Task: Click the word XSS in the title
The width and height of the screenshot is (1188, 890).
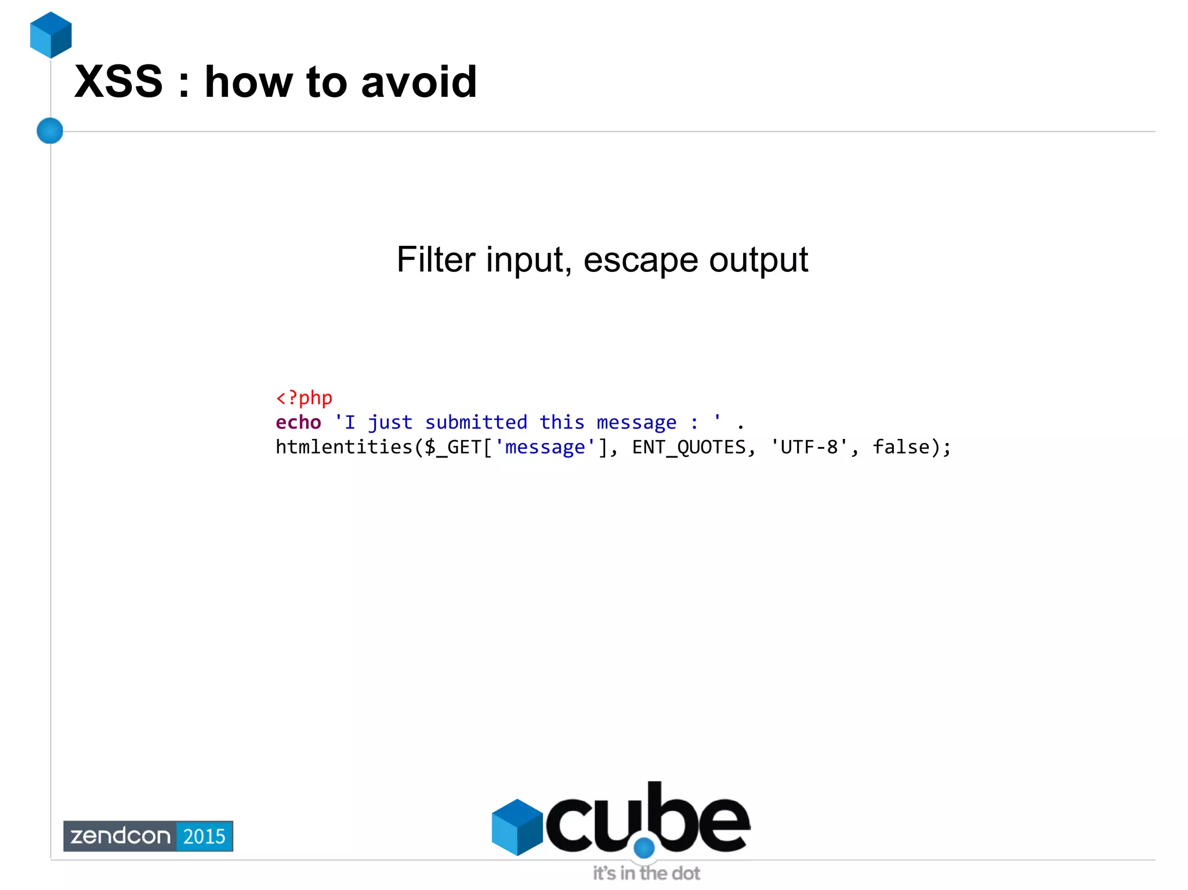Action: (x=119, y=82)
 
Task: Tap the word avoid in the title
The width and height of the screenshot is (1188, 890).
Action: (x=419, y=82)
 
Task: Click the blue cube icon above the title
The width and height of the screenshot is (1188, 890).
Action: (x=51, y=35)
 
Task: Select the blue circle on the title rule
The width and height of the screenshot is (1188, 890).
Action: (x=50, y=130)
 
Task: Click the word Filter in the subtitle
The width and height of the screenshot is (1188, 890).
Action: (x=436, y=259)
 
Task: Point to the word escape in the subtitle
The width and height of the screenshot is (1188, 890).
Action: (x=640, y=259)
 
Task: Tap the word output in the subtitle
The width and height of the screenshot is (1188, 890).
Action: (x=758, y=259)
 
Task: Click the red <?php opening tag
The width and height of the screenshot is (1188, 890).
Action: (x=304, y=398)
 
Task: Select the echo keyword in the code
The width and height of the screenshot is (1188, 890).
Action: (x=298, y=422)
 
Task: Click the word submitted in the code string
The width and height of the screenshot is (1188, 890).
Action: (x=476, y=422)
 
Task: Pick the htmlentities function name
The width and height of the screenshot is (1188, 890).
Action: (x=344, y=447)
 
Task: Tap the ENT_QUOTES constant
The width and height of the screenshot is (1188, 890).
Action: (x=689, y=447)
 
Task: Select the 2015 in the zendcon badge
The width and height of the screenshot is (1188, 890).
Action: (x=204, y=836)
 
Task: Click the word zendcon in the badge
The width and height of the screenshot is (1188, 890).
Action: (x=120, y=836)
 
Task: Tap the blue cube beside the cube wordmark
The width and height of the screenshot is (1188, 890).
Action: (x=517, y=827)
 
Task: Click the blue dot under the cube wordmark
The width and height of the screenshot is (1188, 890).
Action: (x=644, y=848)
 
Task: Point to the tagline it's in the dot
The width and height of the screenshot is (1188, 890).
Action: (x=646, y=873)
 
